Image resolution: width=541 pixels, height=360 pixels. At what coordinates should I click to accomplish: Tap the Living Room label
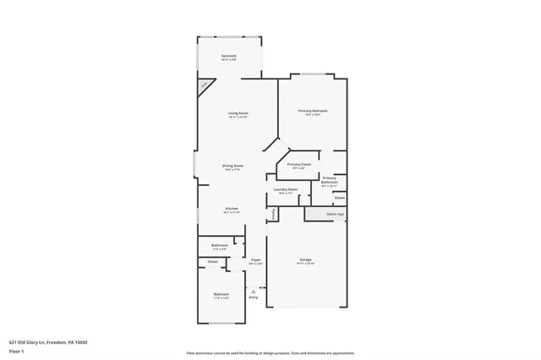click(x=238, y=112)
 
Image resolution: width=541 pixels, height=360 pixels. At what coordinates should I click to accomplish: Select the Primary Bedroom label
click(x=313, y=111)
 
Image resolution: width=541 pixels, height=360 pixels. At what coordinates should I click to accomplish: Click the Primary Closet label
click(x=299, y=164)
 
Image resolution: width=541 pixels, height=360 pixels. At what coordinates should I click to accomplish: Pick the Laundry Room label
click(x=286, y=189)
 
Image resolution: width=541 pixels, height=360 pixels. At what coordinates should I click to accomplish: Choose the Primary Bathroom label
click(x=330, y=179)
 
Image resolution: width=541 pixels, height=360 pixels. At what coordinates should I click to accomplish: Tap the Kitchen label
click(x=232, y=209)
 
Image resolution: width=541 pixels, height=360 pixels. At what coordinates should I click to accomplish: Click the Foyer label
click(x=254, y=260)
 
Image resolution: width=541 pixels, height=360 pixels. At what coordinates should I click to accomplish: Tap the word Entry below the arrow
click(x=253, y=297)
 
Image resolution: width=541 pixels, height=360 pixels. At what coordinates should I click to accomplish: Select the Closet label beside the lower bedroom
click(x=213, y=262)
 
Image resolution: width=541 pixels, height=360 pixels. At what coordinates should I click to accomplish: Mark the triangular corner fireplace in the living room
click(x=204, y=87)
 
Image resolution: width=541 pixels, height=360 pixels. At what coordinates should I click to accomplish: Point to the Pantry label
click(x=273, y=215)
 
